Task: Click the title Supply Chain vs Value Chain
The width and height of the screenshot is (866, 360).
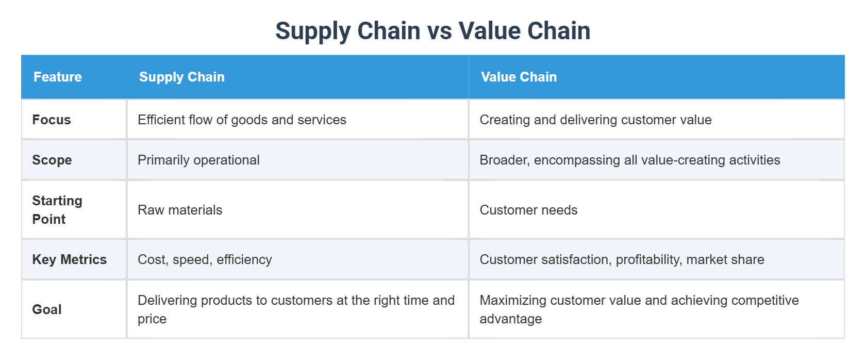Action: pos(432,31)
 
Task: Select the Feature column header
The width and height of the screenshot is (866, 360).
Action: pos(57,77)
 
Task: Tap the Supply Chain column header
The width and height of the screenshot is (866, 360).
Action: pos(181,77)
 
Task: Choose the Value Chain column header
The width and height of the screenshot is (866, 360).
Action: pos(519,77)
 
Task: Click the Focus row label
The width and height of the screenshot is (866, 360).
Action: pos(52,120)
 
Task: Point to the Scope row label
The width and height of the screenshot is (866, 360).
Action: pos(52,160)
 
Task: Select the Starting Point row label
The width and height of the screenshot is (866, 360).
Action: pos(57,209)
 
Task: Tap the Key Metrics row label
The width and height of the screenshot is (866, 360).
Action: pos(69,259)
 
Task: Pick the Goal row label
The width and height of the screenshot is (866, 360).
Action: pos(47,309)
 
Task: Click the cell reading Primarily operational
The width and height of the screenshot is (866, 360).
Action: pos(198,160)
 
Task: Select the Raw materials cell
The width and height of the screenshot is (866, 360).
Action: pos(180,210)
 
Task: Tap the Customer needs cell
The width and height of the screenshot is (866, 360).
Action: pos(528,210)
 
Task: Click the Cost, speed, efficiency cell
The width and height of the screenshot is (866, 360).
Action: pos(205,259)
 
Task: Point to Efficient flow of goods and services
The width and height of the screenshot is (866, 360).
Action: pos(242,120)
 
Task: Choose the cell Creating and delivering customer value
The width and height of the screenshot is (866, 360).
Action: pos(595,120)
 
